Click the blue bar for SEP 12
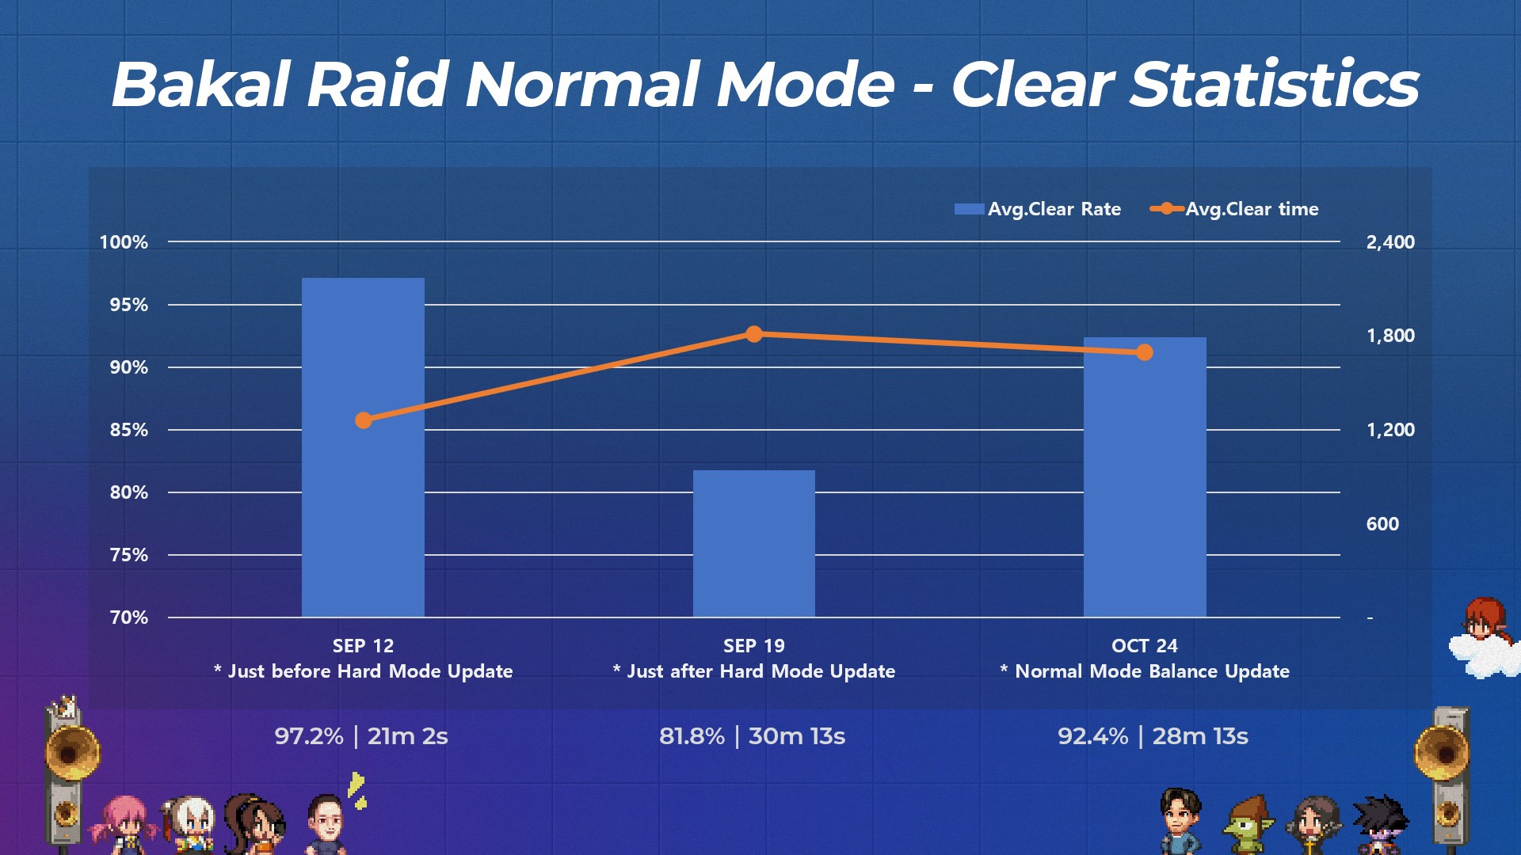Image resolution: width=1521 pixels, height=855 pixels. pyautogui.click(x=363, y=447)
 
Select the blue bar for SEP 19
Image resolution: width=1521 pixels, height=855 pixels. pyautogui.click(x=754, y=544)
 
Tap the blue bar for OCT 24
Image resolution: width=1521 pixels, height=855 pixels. pyautogui.click(x=1145, y=477)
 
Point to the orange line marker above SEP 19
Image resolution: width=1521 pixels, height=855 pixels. pyautogui.click(x=754, y=334)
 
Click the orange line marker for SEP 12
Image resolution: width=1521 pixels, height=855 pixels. pyautogui.click(x=364, y=420)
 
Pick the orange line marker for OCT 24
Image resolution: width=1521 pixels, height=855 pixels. pyautogui.click(x=1145, y=352)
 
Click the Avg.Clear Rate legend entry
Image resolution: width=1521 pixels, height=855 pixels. pyautogui.click(x=1038, y=209)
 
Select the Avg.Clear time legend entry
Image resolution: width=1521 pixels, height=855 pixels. pyautogui.click(x=1234, y=209)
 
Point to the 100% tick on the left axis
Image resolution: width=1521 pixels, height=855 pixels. pyautogui.click(x=124, y=242)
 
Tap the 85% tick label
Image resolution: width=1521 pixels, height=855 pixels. pyautogui.click(x=129, y=430)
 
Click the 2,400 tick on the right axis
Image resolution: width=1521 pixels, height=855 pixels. pyautogui.click(x=1390, y=242)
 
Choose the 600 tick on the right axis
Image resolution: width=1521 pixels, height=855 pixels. pyautogui.click(x=1382, y=524)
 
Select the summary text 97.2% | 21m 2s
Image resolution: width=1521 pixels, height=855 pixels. pyautogui.click(x=361, y=736)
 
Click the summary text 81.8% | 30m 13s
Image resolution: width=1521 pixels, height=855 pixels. pyautogui.click(x=753, y=736)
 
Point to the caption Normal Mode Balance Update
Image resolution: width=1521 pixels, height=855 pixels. pyautogui.click(x=1152, y=671)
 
